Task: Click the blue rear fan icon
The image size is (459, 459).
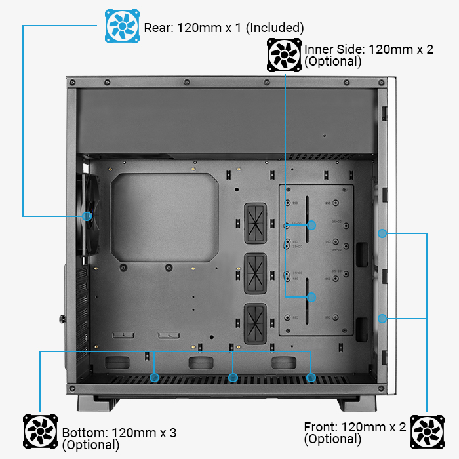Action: point(123,26)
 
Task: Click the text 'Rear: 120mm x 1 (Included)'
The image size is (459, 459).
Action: point(223,28)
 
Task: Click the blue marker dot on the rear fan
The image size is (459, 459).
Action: point(87,216)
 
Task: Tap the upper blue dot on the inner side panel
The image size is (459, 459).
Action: point(311,225)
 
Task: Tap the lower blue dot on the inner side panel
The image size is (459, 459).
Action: point(311,297)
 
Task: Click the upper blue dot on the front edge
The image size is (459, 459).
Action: point(382,232)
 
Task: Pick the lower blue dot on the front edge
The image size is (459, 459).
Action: point(382,319)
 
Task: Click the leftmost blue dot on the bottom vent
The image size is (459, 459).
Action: point(154,378)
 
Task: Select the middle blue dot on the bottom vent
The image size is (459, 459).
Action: point(232,378)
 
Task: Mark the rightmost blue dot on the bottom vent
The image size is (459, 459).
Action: point(311,378)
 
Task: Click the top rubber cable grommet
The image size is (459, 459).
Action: point(255,221)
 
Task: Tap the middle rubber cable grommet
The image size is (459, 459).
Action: point(255,272)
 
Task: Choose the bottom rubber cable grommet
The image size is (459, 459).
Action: point(255,323)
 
